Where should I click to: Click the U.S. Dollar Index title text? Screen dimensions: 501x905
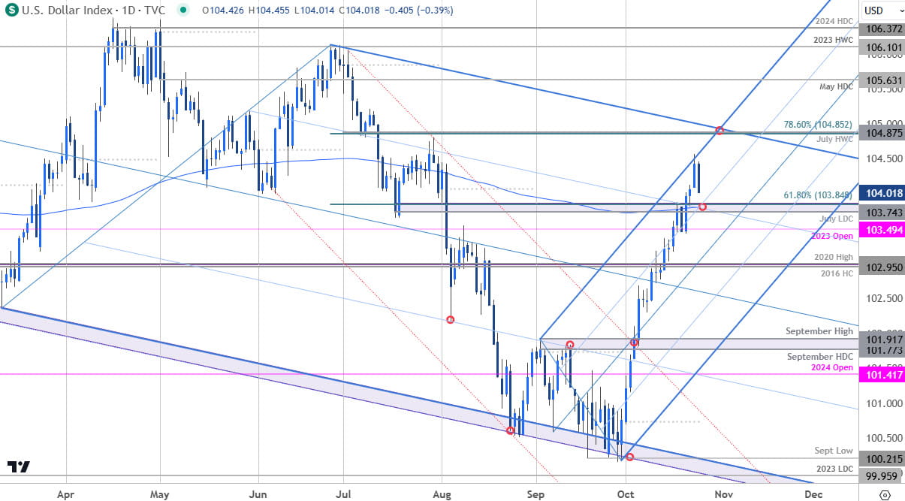coord(65,10)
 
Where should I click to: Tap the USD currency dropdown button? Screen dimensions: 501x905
coord(878,10)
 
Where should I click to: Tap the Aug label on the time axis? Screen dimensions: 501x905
coord(442,494)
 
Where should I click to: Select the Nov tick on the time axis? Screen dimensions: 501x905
coord(722,494)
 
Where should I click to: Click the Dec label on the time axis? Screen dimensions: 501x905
coord(812,494)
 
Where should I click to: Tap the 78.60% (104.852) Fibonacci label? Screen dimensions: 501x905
coord(815,124)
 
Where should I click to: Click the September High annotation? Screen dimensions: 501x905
coord(819,330)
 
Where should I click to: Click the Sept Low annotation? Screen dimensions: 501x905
coord(834,451)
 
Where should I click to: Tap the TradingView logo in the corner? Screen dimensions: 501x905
coord(20,466)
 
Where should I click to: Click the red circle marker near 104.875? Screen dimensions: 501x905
coord(719,131)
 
